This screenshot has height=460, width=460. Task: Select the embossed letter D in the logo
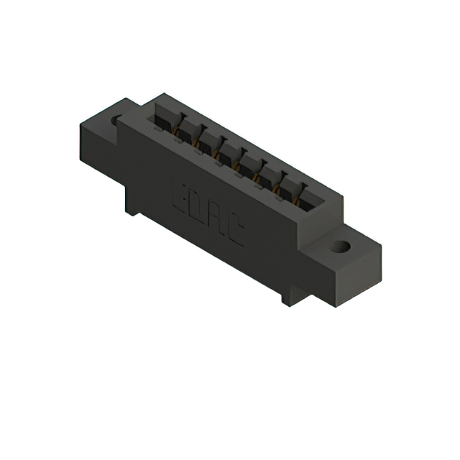click(198, 207)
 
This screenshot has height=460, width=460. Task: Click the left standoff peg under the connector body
click(132, 206)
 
